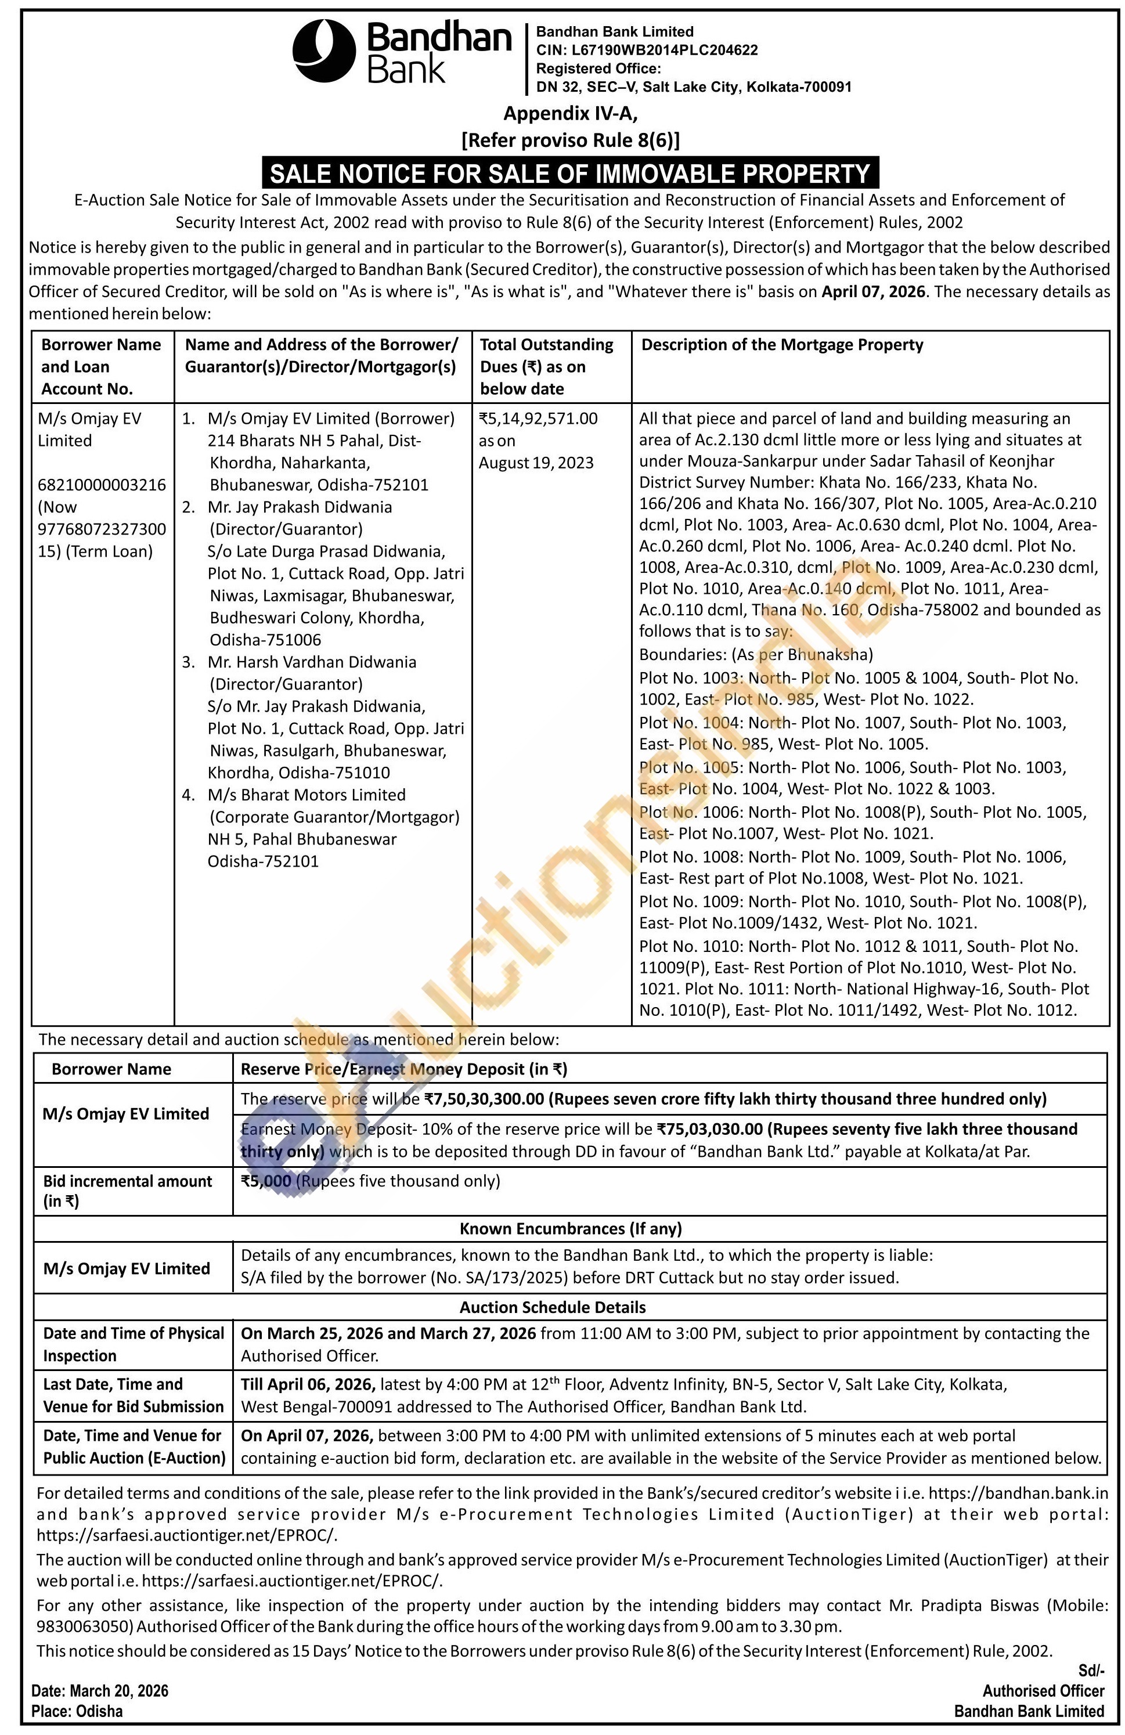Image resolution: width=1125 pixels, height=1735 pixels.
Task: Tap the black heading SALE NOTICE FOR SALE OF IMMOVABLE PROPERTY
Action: [x=570, y=174]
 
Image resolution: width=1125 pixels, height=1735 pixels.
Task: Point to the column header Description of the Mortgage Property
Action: [x=781, y=345]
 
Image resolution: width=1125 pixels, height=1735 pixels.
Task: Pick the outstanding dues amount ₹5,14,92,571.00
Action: [x=538, y=419]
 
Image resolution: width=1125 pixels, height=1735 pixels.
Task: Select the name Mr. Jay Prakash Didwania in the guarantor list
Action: [x=300, y=507]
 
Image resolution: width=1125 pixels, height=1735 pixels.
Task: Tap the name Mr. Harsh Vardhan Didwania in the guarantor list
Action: [x=312, y=662]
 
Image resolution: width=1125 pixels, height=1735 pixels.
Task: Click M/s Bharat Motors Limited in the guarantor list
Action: [x=307, y=795]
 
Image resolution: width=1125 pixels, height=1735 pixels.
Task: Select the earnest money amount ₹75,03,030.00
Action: [x=709, y=1129]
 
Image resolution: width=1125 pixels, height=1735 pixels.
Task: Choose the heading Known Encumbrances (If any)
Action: [x=570, y=1228]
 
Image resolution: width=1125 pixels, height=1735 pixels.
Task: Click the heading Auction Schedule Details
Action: [x=552, y=1307]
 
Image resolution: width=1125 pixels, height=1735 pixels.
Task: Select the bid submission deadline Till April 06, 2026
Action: [x=308, y=1384]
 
